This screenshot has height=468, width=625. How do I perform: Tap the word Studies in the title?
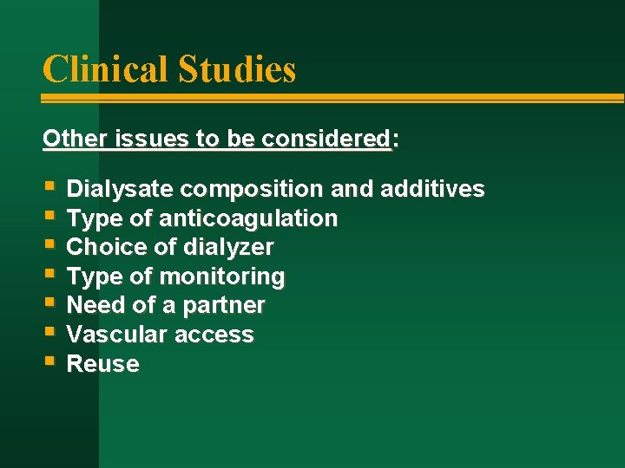(237, 69)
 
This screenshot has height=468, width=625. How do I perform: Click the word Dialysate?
(121, 189)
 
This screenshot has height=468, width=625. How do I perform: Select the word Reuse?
(102, 364)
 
